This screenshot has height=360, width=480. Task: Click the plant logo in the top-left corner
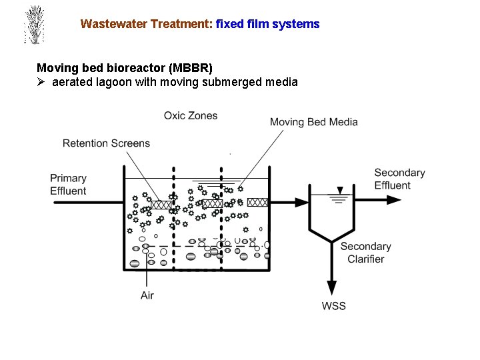[33, 25]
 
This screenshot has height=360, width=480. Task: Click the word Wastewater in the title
[111, 24]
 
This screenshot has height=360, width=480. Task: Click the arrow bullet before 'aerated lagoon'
[41, 83]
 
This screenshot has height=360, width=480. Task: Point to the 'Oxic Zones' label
[191, 116]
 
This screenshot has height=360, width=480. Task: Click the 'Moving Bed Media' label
[313, 122]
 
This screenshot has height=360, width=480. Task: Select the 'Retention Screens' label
[106, 143]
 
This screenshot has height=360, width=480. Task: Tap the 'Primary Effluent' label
[68, 185]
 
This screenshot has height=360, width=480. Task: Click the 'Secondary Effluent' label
[399, 179]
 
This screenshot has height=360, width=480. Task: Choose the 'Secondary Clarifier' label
[365, 253]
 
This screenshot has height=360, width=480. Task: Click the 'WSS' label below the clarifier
[334, 306]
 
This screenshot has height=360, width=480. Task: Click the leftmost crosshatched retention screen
[161, 205]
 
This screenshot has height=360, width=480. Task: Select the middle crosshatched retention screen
[212, 203]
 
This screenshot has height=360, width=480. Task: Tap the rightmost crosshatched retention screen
[257, 202]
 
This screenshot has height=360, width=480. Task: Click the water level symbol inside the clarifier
[340, 197]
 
